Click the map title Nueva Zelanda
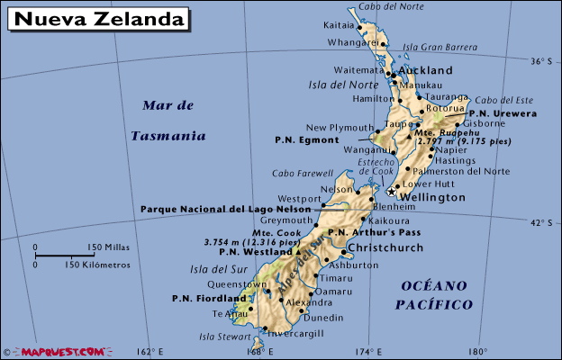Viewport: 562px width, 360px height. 99,18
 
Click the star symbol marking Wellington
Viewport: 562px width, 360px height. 390,191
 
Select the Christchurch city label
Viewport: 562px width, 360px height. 385,247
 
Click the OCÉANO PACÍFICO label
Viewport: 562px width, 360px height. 433,295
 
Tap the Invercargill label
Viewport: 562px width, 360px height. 294,332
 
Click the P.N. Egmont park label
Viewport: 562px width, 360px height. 306,140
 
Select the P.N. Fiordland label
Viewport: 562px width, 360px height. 209,298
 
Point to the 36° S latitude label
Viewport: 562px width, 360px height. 539,61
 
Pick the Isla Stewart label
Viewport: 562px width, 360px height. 222,337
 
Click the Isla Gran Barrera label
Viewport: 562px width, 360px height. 440,47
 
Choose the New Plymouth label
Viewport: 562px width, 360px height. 340,128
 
